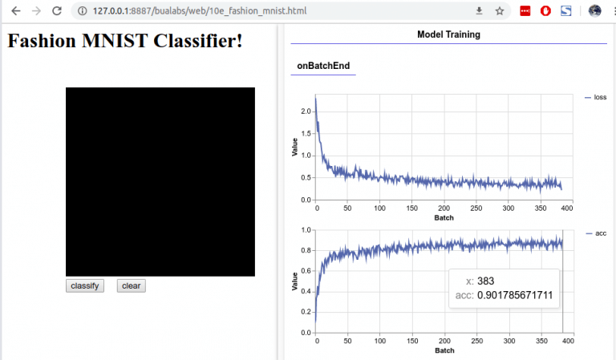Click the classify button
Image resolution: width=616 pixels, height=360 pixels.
click(84, 286)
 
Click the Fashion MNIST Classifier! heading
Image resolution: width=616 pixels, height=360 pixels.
click(125, 40)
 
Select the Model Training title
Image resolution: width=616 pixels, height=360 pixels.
click(448, 34)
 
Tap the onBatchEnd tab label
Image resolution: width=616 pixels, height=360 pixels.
click(323, 66)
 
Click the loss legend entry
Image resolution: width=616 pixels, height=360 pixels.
click(600, 97)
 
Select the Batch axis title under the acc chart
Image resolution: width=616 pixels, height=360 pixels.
click(443, 351)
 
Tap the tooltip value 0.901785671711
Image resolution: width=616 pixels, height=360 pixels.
click(515, 295)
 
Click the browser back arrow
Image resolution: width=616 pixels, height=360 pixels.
click(16, 11)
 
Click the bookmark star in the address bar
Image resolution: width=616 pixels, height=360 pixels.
click(499, 11)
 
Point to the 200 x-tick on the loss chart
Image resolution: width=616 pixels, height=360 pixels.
click(443, 208)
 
